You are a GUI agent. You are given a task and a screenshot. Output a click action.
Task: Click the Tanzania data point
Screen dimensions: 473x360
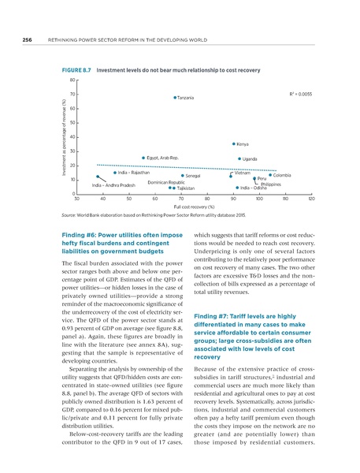tap(175, 98)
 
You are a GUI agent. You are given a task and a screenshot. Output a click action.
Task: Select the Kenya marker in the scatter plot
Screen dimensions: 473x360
tap(234, 144)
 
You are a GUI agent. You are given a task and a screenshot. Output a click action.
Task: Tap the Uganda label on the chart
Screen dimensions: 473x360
tap(251, 159)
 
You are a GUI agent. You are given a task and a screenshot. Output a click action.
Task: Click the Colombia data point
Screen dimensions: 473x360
tap(270, 175)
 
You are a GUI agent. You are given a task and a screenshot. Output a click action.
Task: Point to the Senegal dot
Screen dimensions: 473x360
tap(182, 177)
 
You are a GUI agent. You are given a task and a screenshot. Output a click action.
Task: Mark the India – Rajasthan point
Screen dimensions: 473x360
tap(115, 173)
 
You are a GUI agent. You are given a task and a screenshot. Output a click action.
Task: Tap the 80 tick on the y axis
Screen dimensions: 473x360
tap(72, 80)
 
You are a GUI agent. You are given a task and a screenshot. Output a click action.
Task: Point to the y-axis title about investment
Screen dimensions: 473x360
tap(62, 136)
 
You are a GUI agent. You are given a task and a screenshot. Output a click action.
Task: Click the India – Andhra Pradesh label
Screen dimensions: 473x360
tap(113, 185)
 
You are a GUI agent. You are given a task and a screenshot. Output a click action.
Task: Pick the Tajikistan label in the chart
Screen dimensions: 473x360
tap(185, 188)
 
